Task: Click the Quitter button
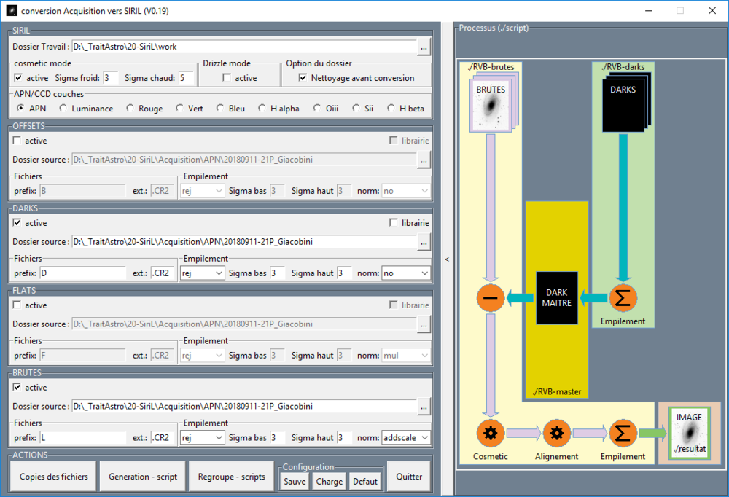[409, 477]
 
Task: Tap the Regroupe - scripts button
[231, 477]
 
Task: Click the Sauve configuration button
[295, 481]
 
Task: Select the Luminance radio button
[64, 109]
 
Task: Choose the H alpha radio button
[262, 109]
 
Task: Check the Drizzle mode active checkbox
[227, 78]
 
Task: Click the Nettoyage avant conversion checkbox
[303, 78]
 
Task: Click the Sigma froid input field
[111, 78]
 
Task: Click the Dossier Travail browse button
[424, 47]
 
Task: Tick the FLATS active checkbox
[17, 305]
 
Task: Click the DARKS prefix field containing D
[83, 273]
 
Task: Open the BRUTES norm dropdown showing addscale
[405, 438]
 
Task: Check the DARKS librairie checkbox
[394, 223]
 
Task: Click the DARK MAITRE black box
[557, 298]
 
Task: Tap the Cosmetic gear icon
[490, 434]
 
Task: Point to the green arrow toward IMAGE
[652, 434]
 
